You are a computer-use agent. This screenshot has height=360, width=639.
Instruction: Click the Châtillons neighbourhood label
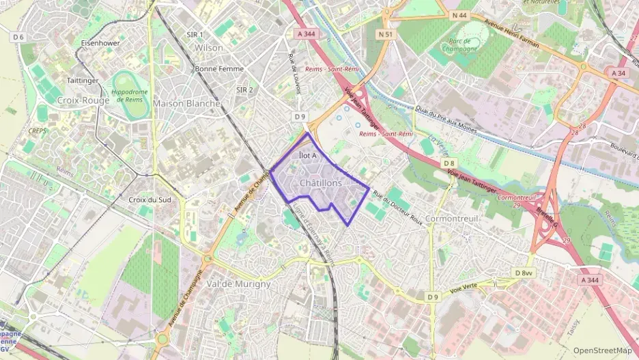(x=320, y=183)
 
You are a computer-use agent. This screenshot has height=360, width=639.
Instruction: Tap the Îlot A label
(x=308, y=156)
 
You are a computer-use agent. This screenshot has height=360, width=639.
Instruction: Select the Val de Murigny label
(x=238, y=283)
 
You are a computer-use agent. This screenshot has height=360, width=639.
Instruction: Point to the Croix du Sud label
(x=150, y=200)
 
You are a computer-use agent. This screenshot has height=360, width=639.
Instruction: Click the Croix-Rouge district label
(x=83, y=100)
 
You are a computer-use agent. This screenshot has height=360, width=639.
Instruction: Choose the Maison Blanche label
(x=187, y=103)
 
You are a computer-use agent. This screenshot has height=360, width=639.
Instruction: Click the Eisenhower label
(x=101, y=42)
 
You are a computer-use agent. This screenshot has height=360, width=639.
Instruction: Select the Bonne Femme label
(x=219, y=69)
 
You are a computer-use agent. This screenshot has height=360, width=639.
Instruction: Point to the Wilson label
(x=209, y=48)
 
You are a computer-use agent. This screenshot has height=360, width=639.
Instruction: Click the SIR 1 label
(x=195, y=34)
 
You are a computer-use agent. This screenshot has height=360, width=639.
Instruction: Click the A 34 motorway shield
(x=619, y=72)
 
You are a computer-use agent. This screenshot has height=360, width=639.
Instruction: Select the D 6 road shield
(x=18, y=37)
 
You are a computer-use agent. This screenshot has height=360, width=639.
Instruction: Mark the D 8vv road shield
(x=524, y=273)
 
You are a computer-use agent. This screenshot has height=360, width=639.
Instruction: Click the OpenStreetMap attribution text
(x=602, y=350)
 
